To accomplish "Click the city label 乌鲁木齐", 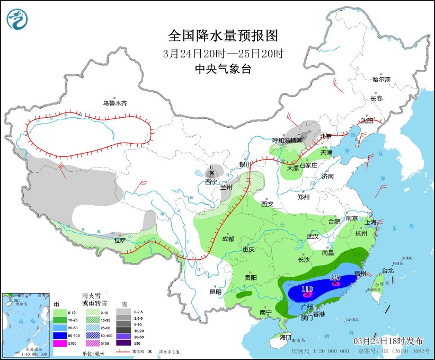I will tap(115, 103).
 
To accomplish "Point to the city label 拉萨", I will tap(120, 240).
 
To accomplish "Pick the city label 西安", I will tap(267, 204).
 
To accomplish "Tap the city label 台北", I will tap(388, 270).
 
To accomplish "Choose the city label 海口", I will tap(286, 337).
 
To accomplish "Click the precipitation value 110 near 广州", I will tap(307, 289).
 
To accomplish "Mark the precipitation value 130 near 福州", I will tap(334, 277).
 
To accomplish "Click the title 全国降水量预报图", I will tap(223, 36).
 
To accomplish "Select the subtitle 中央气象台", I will tap(223, 68).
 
